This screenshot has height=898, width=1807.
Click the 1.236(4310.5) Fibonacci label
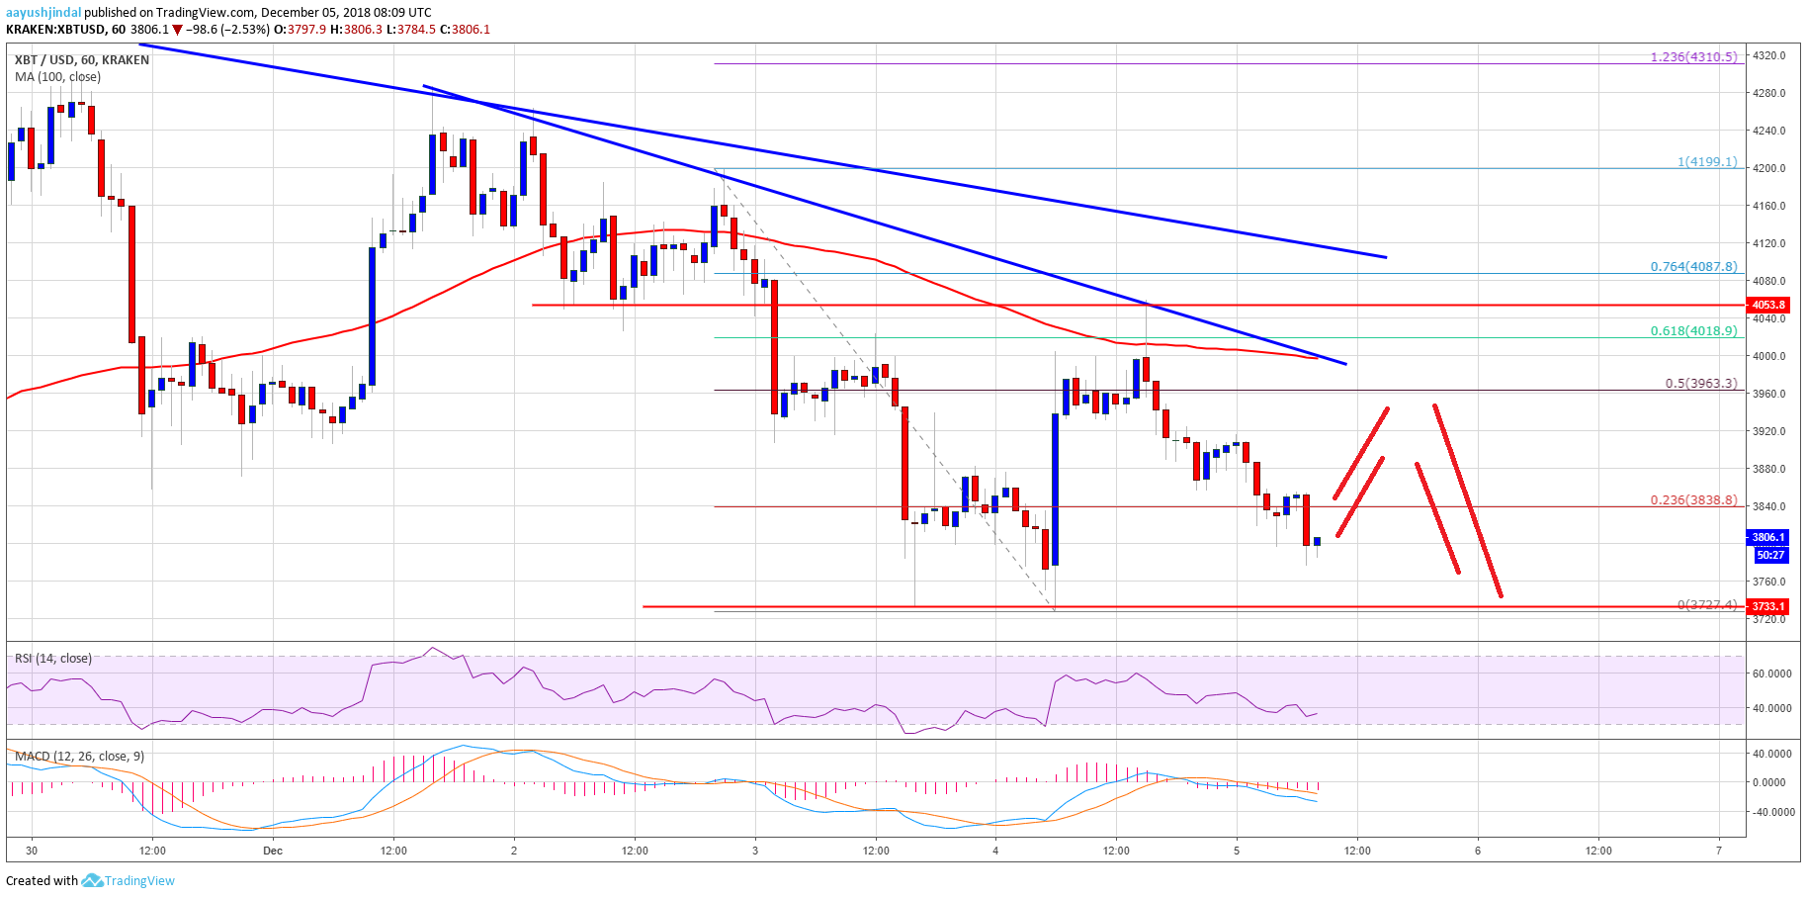[1693, 57]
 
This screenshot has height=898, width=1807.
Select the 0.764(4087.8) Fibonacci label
[1693, 267]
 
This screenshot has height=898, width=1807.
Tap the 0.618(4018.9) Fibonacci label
[1693, 331]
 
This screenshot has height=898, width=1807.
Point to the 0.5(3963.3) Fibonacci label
[1700, 384]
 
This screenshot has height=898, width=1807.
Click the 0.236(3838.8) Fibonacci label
[1693, 500]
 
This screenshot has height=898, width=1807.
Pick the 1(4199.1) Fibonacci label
[1707, 162]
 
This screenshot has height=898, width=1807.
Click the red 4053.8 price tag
[1768, 306]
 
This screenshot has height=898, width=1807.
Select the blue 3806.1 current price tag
[1768, 538]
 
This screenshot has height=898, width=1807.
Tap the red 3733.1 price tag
[1768, 606]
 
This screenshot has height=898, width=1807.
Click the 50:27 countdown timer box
[1768, 556]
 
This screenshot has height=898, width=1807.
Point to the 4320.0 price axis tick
[1768, 55]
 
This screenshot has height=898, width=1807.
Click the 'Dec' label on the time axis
[273, 851]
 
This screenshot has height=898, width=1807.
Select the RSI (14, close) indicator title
[53, 659]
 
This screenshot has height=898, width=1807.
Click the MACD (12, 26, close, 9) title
[79, 757]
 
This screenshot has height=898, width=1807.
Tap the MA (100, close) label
[57, 77]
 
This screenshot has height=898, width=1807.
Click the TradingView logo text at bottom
[139, 881]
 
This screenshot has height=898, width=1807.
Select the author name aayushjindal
[43, 13]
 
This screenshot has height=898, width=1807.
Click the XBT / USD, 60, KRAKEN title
[82, 60]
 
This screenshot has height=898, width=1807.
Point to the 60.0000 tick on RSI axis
[1771, 673]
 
